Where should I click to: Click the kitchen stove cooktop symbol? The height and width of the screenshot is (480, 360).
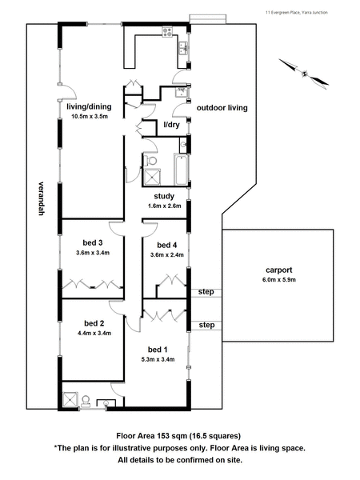click(167, 32)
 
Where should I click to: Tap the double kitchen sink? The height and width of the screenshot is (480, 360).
click(183, 48)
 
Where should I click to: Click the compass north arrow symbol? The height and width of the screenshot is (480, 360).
click(304, 73)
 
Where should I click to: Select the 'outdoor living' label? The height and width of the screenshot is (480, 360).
click(222, 108)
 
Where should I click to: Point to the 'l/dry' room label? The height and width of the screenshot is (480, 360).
click(171, 125)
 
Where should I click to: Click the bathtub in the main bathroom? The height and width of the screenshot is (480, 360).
click(181, 170)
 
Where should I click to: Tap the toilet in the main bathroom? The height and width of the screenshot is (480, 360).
click(150, 160)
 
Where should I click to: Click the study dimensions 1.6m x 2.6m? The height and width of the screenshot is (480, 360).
click(164, 206)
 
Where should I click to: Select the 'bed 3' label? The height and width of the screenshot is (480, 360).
click(93, 242)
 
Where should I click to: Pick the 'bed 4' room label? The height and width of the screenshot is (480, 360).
click(167, 245)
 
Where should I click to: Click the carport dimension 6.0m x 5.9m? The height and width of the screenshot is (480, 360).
click(279, 279)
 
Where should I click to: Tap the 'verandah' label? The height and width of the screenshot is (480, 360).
click(42, 198)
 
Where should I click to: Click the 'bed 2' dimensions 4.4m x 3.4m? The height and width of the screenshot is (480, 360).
click(94, 333)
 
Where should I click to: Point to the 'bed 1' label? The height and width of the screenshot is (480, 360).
click(158, 350)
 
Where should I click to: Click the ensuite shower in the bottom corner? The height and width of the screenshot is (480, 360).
click(70, 400)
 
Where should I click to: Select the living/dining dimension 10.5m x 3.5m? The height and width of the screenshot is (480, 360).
click(90, 116)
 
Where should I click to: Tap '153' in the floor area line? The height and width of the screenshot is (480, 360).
click(163, 436)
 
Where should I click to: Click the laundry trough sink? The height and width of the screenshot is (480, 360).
click(182, 92)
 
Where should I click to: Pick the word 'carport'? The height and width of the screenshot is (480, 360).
click(279, 270)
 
